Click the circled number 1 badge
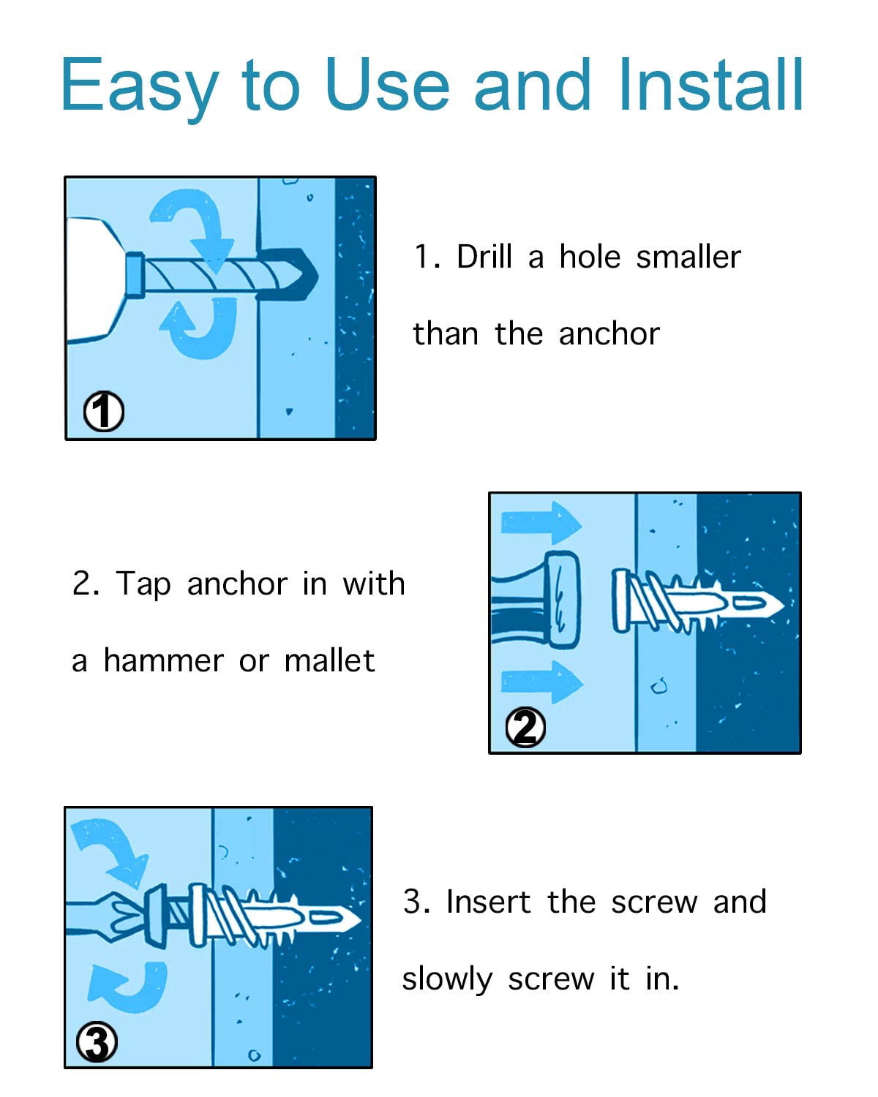point(104,411)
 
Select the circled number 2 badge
point(525,727)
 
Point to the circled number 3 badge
point(97,1042)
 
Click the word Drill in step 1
point(484,257)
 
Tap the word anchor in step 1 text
point(609,335)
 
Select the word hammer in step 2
point(163,661)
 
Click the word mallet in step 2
point(329,660)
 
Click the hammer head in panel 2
point(563,600)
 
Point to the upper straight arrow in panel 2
point(541,523)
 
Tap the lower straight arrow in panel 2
point(541,682)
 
